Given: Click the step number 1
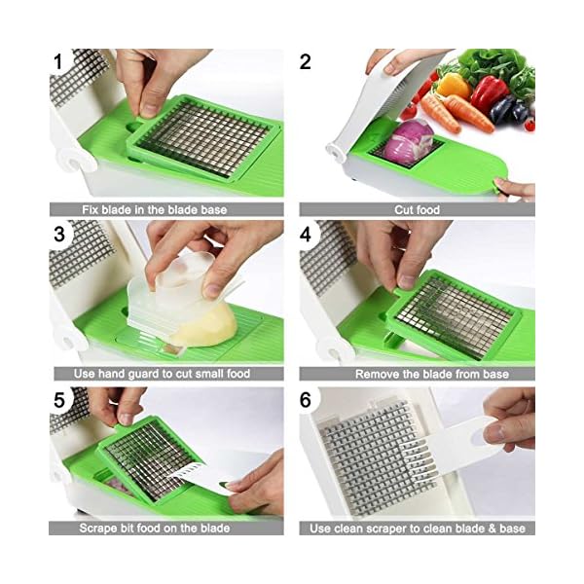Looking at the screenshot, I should pyautogui.click(x=59, y=62).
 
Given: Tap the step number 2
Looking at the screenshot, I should pyautogui.click(x=306, y=62).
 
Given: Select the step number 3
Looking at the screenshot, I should pyautogui.click(x=59, y=234).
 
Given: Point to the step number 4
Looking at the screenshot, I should pyautogui.click(x=306, y=234).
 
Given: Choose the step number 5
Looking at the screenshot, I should pyautogui.click(x=59, y=400).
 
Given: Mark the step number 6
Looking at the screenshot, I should pyautogui.click(x=306, y=400).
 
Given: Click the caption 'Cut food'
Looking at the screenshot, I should pyautogui.click(x=416, y=209).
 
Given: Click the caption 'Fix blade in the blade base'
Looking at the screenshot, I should pyautogui.click(x=166, y=209).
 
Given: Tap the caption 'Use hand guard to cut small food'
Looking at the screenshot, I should pyautogui.click(x=166, y=374).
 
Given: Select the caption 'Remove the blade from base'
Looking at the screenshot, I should pyautogui.click(x=418, y=374).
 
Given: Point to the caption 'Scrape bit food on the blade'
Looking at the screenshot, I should pyautogui.click(x=166, y=529).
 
